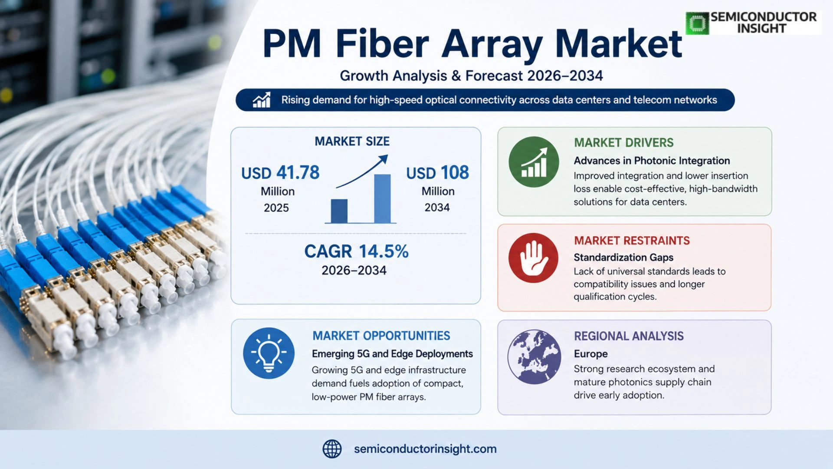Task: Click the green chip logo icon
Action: tap(697, 23)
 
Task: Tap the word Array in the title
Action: tap(492, 45)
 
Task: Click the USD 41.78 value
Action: tap(280, 173)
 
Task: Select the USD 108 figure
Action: tap(437, 173)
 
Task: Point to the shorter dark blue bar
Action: tap(339, 211)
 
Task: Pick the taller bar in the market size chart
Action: tap(382, 198)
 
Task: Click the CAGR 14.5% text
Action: tap(356, 251)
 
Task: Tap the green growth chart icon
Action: tap(534, 162)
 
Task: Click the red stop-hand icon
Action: tap(533, 258)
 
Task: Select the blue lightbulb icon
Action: tap(269, 353)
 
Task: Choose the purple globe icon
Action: tap(534, 357)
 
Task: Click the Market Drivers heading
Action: tap(623, 143)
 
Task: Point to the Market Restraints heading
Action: tap(631, 241)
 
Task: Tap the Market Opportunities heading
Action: tap(381, 336)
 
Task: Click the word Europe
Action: tap(590, 354)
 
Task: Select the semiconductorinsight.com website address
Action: tap(425, 449)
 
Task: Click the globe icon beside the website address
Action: tap(332, 449)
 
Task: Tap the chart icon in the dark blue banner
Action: tap(262, 100)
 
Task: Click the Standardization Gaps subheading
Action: tap(623, 258)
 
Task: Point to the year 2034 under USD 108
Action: tap(437, 208)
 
